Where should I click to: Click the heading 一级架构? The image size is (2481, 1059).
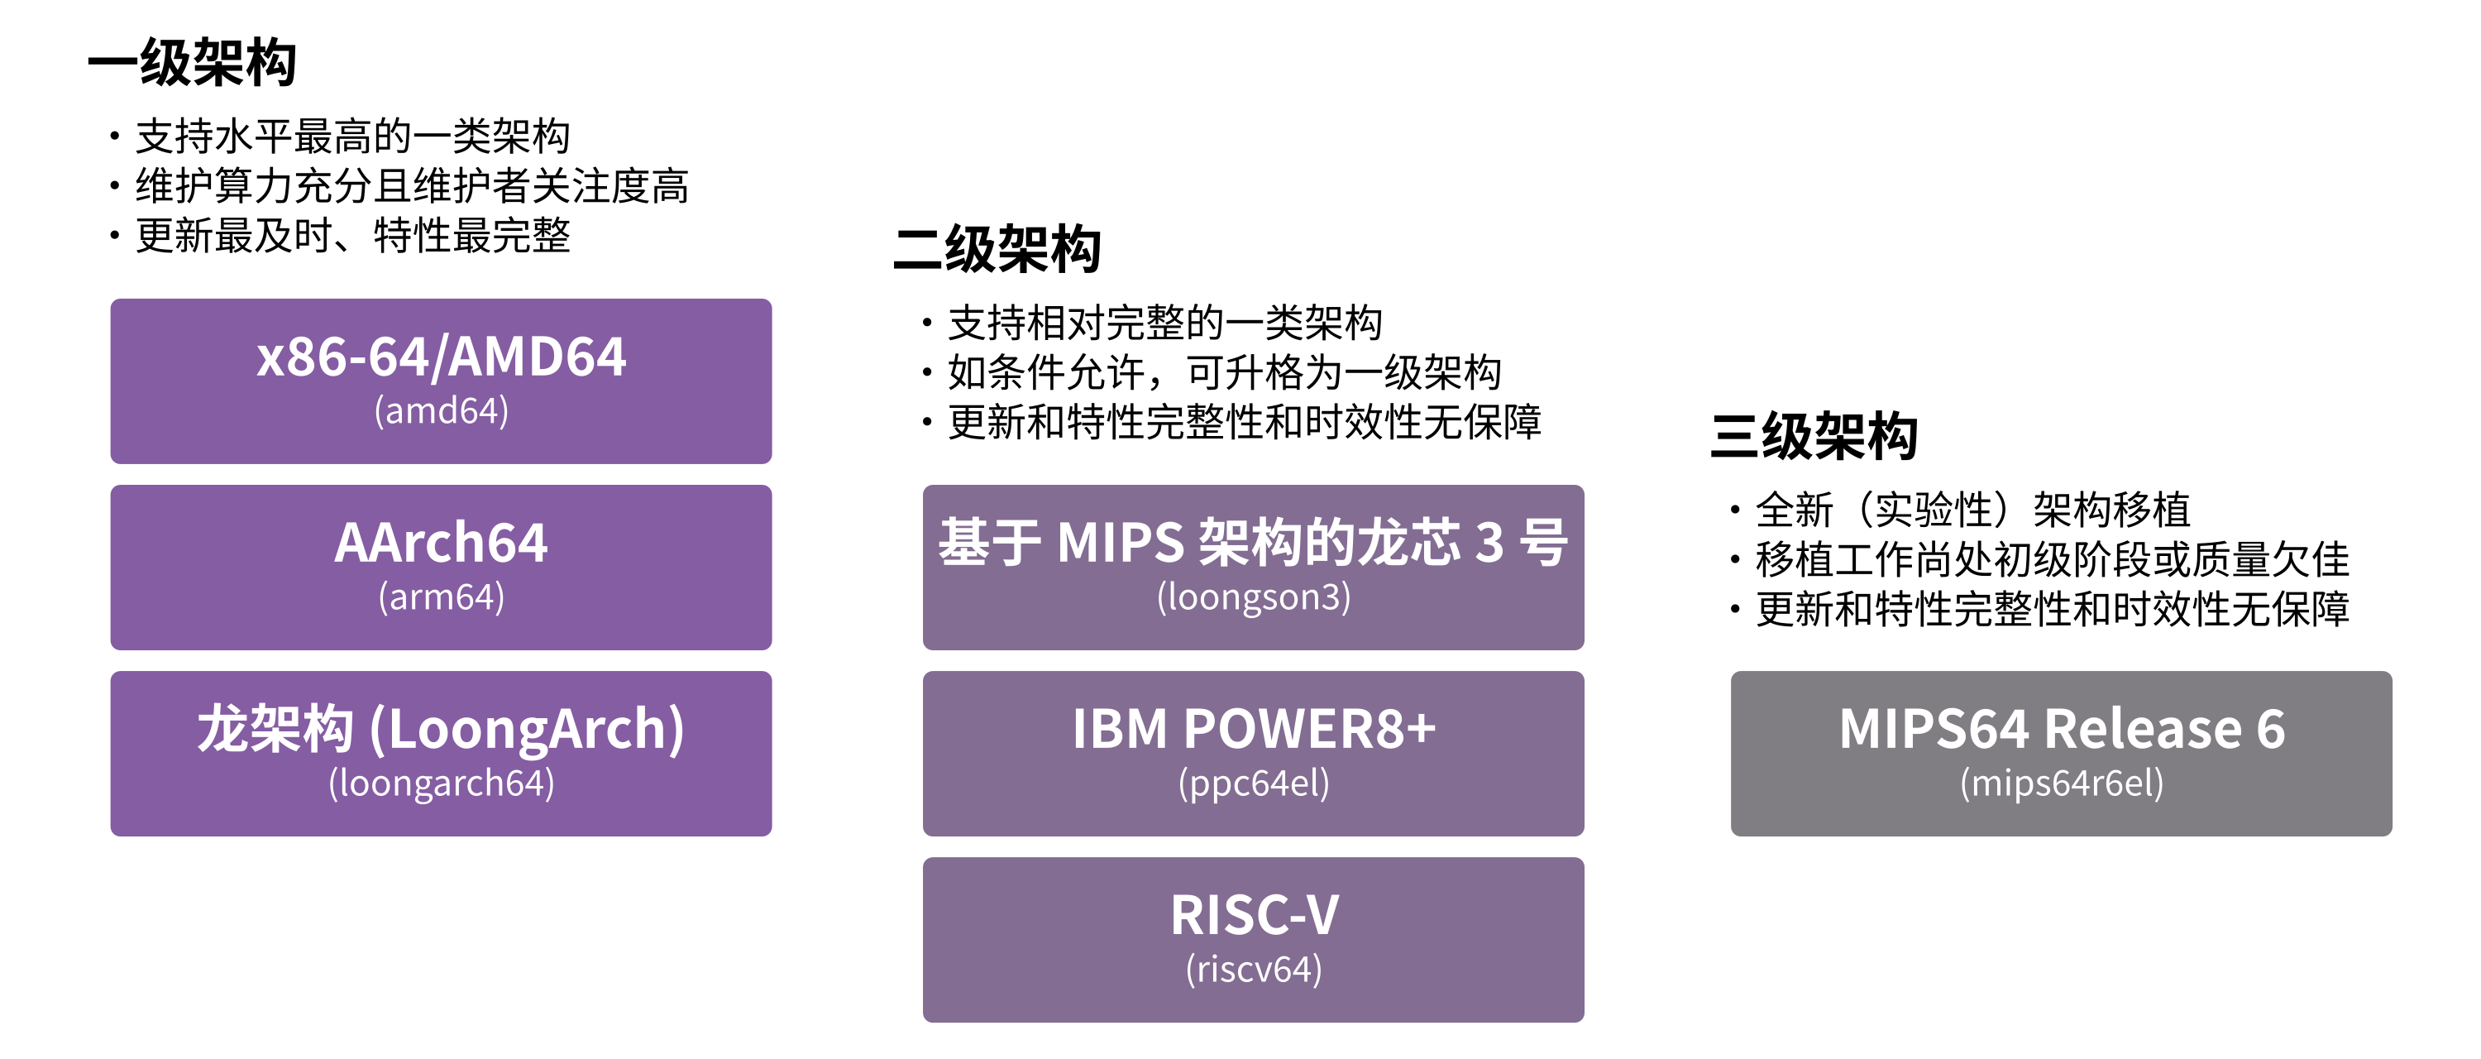(x=192, y=64)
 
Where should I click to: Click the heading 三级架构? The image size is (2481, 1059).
(x=1814, y=437)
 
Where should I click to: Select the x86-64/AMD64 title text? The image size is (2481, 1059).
(x=441, y=357)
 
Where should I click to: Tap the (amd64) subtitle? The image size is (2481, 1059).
(x=441, y=411)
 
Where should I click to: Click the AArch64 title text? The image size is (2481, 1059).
(x=441, y=543)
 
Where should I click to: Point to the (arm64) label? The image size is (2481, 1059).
(x=441, y=597)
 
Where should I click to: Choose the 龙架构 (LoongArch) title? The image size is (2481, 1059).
(x=441, y=729)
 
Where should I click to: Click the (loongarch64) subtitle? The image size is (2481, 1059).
(x=441, y=783)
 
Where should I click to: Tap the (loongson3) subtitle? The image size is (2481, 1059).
(x=1253, y=597)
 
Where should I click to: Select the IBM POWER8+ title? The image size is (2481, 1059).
(x=1253, y=729)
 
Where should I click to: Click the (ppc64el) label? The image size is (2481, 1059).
(x=1253, y=783)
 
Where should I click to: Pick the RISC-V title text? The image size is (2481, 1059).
(x=1253, y=914)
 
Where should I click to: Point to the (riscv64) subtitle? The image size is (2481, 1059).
(x=1253, y=970)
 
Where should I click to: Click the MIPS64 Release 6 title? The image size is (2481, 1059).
(x=2061, y=729)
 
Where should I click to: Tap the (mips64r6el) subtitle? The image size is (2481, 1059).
(x=2061, y=783)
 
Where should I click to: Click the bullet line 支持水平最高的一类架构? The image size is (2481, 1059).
(x=352, y=137)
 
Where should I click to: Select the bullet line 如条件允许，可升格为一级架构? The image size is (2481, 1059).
(x=1224, y=373)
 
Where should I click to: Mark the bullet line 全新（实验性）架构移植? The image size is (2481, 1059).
(x=1972, y=510)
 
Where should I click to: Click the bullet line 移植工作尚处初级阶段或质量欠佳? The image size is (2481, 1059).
(x=2052, y=560)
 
